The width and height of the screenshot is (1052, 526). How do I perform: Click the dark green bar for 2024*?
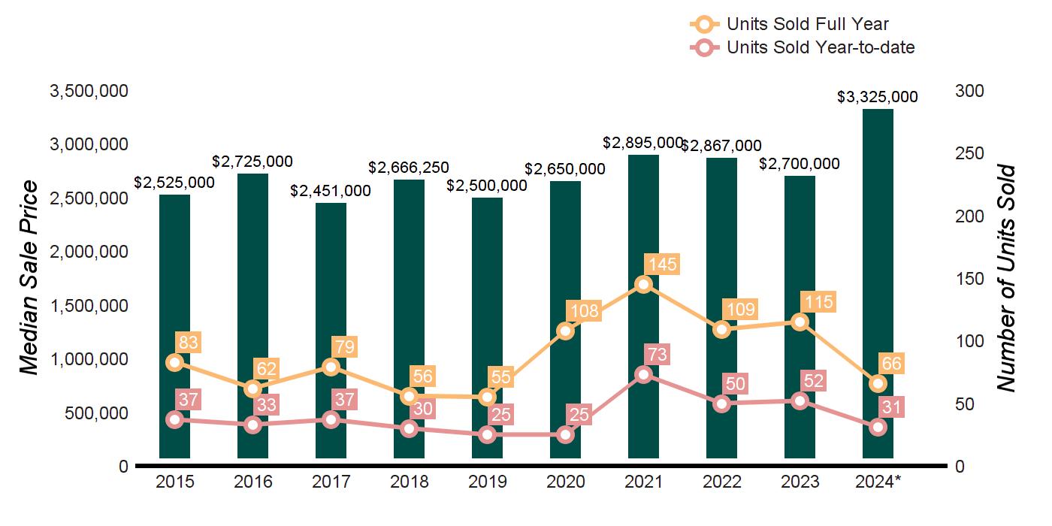point(878,225)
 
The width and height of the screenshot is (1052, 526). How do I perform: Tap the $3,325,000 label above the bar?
point(878,97)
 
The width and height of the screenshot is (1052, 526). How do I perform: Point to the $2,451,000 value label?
point(331,191)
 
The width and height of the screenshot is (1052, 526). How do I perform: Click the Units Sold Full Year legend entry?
point(789,24)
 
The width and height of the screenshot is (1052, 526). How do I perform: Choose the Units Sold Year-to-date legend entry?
point(802,47)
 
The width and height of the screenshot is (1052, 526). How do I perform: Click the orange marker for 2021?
point(643,284)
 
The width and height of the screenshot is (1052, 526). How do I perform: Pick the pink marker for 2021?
point(643,375)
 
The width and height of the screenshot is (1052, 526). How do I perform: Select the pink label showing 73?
point(661,354)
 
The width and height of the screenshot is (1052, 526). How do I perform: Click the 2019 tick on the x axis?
point(487,482)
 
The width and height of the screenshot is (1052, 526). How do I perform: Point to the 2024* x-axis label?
point(878,482)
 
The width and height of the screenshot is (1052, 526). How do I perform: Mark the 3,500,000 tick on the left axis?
point(89,91)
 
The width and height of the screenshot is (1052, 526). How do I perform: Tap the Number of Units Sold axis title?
point(1006,278)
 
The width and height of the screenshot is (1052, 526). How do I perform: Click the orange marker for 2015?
point(175,362)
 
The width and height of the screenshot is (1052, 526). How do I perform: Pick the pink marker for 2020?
point(565,434)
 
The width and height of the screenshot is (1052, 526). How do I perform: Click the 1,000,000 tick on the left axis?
point(89,359)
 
